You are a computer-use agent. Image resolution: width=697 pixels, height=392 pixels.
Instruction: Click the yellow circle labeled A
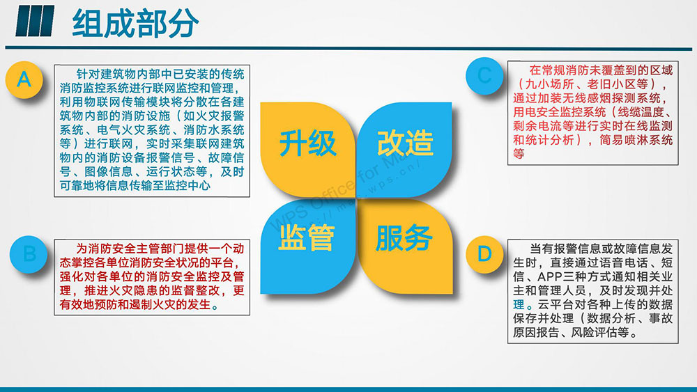click(x=24, y=80)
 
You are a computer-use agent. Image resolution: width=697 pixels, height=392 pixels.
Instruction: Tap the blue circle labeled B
click(x=29, y=254)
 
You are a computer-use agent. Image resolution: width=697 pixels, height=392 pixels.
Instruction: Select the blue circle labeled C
click(x=484, y=76)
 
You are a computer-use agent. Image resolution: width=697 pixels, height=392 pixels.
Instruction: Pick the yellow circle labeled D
click(x=484, y=254)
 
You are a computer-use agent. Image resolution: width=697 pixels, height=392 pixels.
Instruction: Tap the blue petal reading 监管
click(x=307, y=246)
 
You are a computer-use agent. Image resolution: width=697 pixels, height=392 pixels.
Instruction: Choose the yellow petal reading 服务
click(x=404, y=246)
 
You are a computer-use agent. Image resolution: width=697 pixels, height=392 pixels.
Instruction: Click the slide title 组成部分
click(x=135, y=23)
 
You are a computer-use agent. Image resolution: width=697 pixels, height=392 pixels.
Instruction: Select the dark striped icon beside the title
click(x=34, y=21)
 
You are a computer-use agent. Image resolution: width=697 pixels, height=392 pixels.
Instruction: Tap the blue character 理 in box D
click(x=519, y=304)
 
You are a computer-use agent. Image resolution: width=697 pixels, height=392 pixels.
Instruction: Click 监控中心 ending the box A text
click(x=187, y=186)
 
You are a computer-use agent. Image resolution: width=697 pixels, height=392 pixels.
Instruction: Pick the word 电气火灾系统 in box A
click(x=133, y=130)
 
